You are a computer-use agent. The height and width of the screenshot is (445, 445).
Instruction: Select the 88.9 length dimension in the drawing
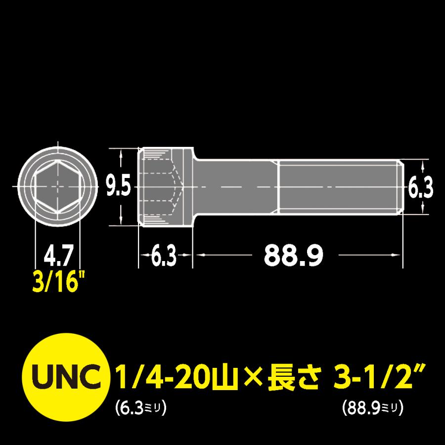coord(294,255)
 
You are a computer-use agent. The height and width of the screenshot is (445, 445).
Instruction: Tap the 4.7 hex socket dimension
coord(58,258)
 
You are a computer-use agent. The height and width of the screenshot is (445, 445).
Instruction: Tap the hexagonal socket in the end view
coord(58,187)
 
